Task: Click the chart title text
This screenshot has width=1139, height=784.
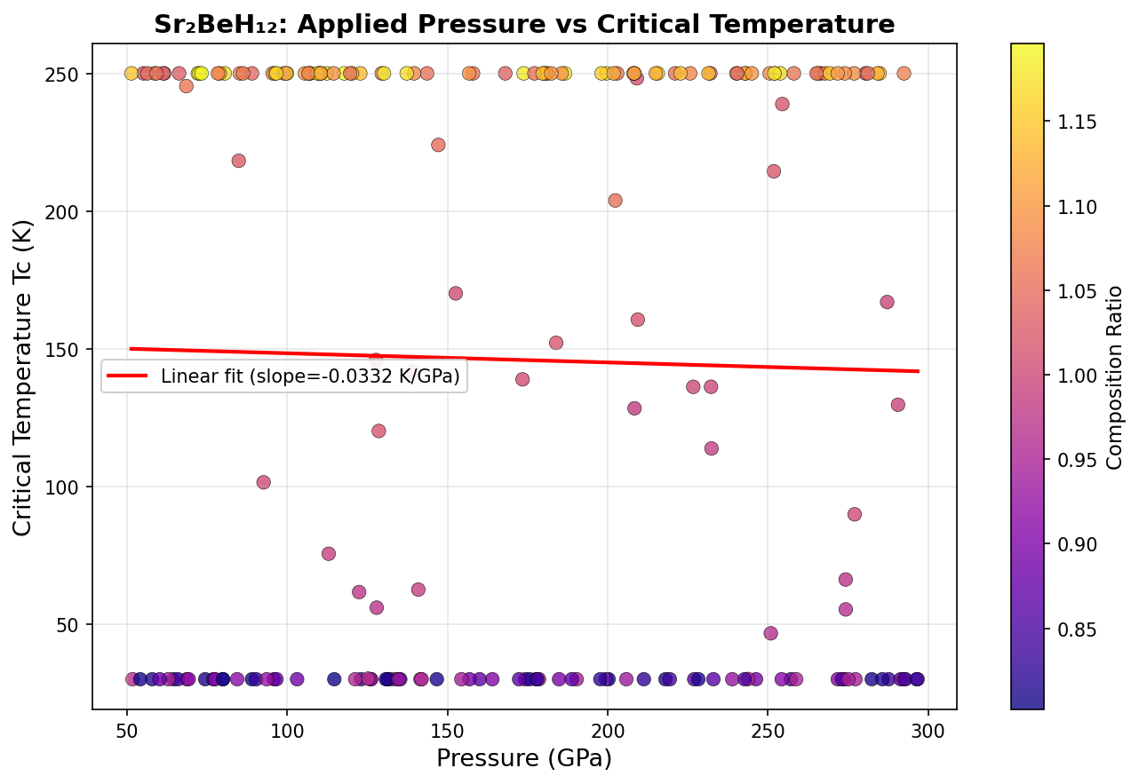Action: pos(524,24)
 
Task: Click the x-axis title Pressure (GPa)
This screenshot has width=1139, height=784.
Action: pos(524,759)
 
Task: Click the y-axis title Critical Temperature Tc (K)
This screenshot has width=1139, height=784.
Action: pos(23,376)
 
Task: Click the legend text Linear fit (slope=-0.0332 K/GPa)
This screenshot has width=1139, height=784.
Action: pos(310,376)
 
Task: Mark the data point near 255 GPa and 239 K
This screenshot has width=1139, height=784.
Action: pos(782,104)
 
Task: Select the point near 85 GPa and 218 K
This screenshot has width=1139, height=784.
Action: pos(238,161)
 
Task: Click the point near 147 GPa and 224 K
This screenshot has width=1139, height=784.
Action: pos(438,145)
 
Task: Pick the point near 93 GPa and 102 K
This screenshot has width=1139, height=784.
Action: pos(263,482)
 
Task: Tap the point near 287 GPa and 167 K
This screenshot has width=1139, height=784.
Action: pos(887,302)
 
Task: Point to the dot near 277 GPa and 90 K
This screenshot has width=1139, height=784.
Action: pos(855,514)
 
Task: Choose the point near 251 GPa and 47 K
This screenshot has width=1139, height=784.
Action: pos(770,633)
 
